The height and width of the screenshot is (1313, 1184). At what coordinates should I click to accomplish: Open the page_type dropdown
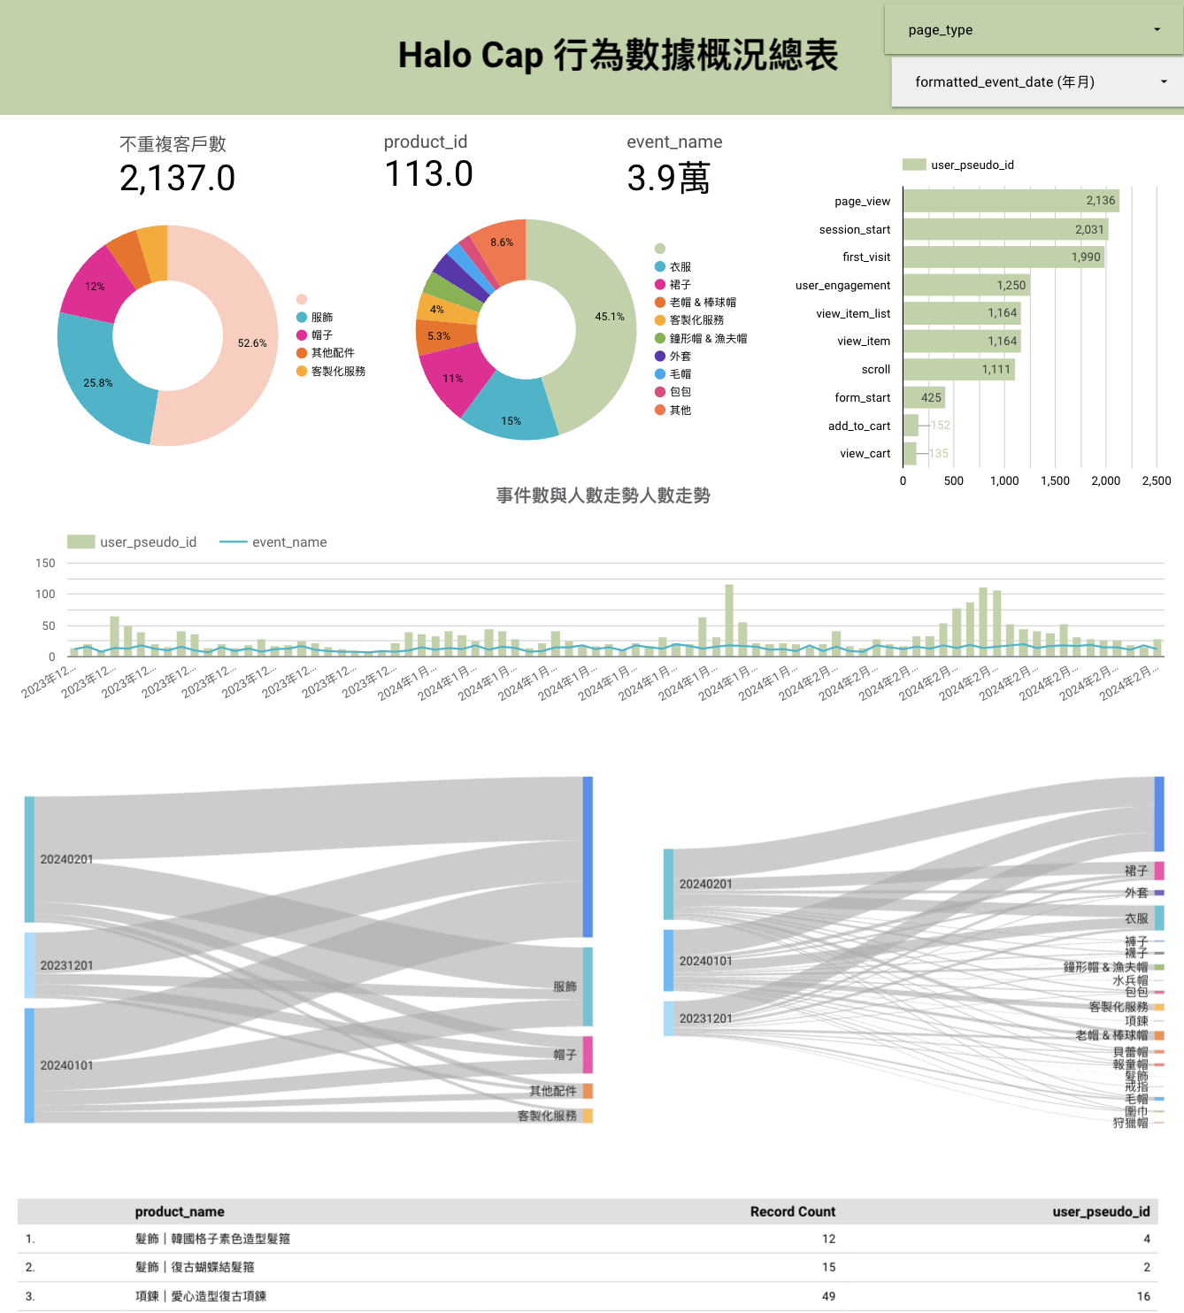[x=1034, y=30]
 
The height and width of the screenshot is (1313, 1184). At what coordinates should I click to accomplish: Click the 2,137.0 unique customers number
[x=177, y=179]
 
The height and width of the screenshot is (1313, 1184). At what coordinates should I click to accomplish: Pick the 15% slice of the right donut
[x=511, y=416]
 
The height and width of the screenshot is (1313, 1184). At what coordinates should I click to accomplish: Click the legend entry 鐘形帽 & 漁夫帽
[x=708, y=338]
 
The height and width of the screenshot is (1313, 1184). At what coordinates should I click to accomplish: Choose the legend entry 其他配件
[x=333, y=353]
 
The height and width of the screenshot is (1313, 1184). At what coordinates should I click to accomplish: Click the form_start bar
[x=924, y=397]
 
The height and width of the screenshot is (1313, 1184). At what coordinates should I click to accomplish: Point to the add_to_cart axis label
[x=858, y=426]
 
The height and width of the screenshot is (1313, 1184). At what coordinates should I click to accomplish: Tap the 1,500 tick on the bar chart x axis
[x=1055, y=480]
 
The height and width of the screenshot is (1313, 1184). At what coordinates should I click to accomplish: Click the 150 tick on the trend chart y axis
[x=45, y=563]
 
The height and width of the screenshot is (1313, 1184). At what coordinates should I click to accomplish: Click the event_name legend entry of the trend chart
[x=288, y=542]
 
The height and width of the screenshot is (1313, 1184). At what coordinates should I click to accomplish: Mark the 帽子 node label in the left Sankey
[x=565, y=1055]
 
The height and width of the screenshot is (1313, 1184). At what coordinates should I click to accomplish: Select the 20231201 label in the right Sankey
[x=705, y=1018]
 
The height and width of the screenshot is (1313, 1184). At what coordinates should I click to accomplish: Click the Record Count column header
[x=792, y=1212]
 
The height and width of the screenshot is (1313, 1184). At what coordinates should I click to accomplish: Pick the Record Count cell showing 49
[x=828, y=1296]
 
